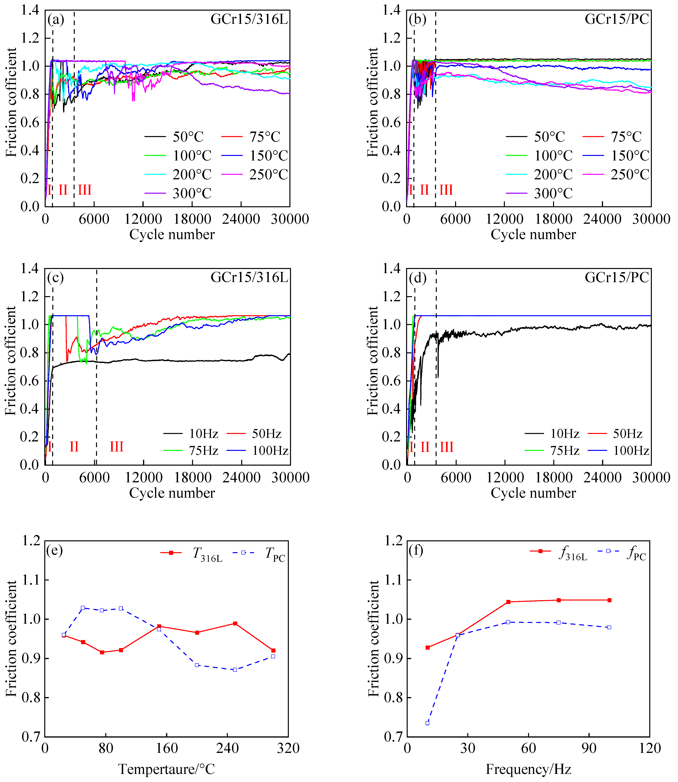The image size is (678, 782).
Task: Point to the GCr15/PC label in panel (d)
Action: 617,278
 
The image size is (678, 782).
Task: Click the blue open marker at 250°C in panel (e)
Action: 235,670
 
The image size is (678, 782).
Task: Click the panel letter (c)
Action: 55,278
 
